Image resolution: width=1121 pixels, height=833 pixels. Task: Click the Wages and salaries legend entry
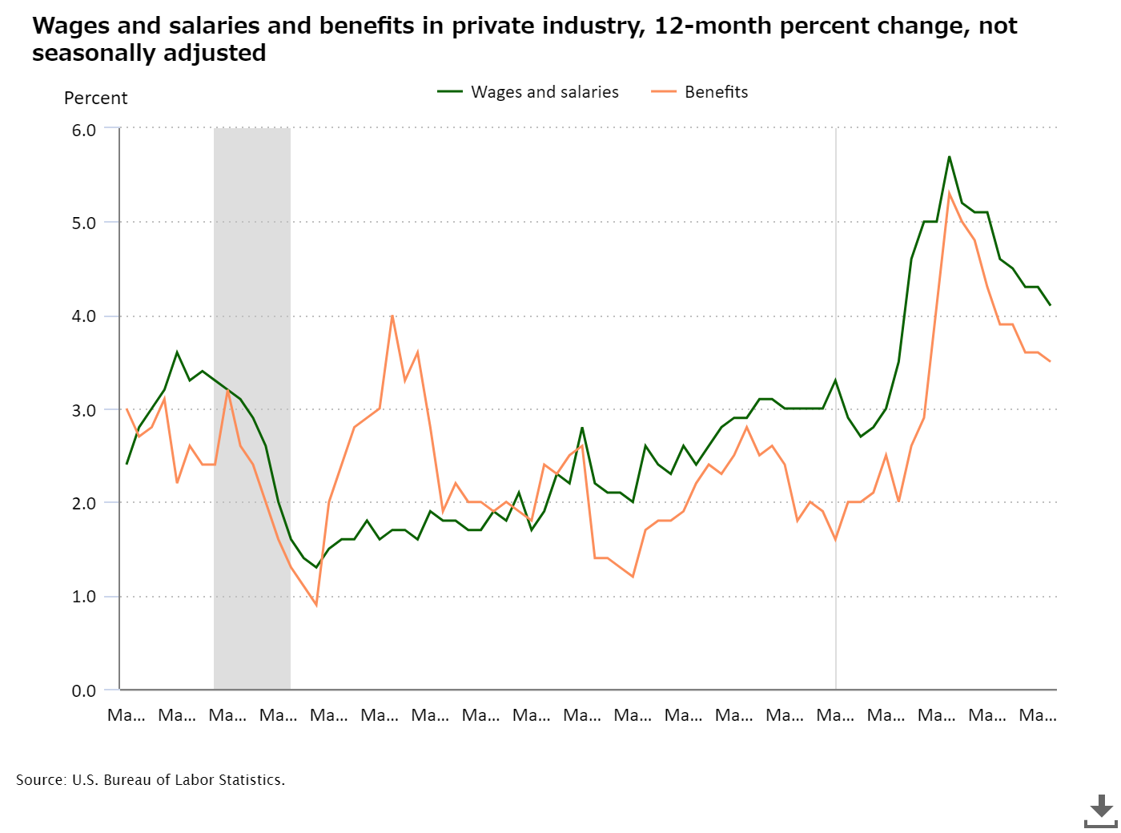[528, 92]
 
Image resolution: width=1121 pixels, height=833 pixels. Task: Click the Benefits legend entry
[700, 92]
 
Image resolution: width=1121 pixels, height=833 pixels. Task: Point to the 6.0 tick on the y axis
[84, 130]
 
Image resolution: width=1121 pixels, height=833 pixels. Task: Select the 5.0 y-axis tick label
[84, 223]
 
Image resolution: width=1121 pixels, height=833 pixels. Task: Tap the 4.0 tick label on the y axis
[84, 316]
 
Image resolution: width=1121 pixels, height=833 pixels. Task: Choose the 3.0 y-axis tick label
[84, 410]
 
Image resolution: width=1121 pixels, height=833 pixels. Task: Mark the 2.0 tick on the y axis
[84, 503]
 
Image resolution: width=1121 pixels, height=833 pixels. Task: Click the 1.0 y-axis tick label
[84, 597]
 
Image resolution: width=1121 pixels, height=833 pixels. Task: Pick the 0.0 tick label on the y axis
[84, 690]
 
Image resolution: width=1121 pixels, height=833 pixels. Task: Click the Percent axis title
[95, 99]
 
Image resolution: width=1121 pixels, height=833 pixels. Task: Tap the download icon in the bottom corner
[1101, 811]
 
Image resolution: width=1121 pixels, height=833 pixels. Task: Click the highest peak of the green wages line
[949, 157]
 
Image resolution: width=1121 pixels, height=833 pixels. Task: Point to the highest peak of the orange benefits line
[949, 194]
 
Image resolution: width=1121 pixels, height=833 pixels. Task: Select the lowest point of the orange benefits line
[316, 605]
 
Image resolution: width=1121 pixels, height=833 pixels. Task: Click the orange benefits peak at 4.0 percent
[392, 316]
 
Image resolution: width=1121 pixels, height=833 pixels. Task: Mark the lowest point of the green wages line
[316, 567]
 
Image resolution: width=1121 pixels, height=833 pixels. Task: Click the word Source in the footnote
[40, 780]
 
